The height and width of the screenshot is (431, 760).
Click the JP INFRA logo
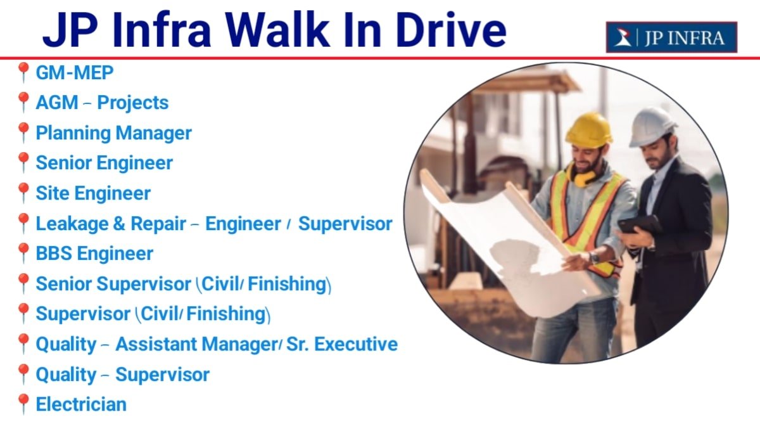(671, 37)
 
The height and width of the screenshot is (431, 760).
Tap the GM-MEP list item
(74, 72)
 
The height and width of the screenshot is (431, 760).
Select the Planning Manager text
(113, 133)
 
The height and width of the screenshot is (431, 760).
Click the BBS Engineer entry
(94, 254)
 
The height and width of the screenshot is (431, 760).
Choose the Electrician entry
(81, 404)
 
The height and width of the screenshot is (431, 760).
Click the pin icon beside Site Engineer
(23, 193)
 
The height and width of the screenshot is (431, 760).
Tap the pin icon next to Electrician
(23, 404)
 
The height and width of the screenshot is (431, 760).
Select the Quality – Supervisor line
(122, 374)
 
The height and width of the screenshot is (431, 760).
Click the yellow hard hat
(588, 129)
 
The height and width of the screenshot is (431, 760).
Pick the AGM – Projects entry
(102, 103)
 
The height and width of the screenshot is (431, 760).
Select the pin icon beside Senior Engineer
(23, 163)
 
